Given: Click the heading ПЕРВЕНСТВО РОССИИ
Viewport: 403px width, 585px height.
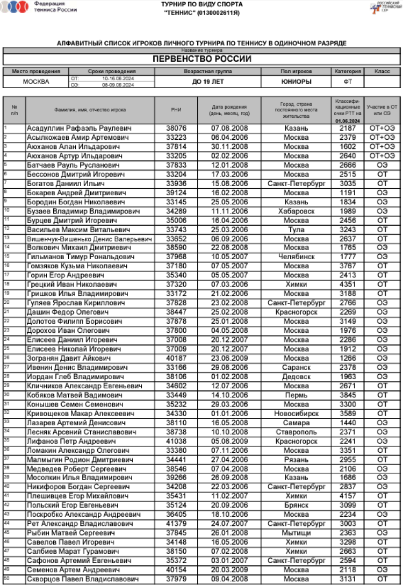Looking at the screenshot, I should coord(201,59).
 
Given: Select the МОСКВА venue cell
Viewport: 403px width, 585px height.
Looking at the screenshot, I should coord(36,82).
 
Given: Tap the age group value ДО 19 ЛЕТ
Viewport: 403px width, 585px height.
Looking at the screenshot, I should coord(207,82).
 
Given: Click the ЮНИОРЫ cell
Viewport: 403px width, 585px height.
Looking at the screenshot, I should coord(296,82).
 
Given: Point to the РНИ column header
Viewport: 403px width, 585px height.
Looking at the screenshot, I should coord(176,110).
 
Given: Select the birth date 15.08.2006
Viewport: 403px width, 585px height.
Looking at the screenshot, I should coord(229,184).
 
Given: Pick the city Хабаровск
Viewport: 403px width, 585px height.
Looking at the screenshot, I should coord(296,211).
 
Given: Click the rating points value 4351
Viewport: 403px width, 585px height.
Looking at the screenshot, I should coord(348,284).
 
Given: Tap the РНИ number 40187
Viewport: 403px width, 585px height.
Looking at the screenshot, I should coord(176,358).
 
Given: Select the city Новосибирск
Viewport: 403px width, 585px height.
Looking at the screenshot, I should coord(296,413).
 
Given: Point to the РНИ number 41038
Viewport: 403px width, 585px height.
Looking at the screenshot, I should coord(176,440).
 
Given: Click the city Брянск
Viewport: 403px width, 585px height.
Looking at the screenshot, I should coord(296,505).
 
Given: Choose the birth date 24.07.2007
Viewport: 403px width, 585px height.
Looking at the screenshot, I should coord(229,523).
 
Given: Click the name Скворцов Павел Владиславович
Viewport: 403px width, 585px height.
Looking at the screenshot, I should coord(82,579).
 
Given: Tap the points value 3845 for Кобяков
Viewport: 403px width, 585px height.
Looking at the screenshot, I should coord(348,395).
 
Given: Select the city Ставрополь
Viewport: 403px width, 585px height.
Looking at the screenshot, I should coord(296,431).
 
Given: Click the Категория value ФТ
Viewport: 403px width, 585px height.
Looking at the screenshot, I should coord(348,82).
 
